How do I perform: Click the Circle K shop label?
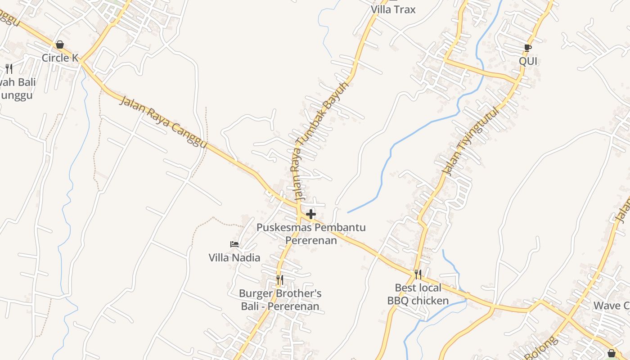[x=60, y=58]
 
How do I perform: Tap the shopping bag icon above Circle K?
[x=60, y=45]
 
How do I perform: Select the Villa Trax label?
[x=393, y=9]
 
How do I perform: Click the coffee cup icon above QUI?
[x=528, y=48]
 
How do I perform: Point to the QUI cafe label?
[x=528, y=61]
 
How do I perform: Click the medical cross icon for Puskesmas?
[x=310, y=214]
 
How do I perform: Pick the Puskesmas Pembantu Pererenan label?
[x=311, y=234]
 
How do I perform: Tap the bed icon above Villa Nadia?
[x=234, y=244]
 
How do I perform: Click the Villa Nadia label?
[x=234, y=257]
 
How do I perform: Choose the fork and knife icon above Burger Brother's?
[x=279, y=280]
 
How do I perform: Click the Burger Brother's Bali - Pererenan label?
[x=280, y=300]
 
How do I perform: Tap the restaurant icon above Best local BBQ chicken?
[x=418, y=274]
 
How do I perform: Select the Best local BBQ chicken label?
[x=418, y=294]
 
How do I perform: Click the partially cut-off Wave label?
[x=611, y=306]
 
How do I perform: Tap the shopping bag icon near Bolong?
[x=611, y=353]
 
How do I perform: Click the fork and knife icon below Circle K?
[x=9, y=69]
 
